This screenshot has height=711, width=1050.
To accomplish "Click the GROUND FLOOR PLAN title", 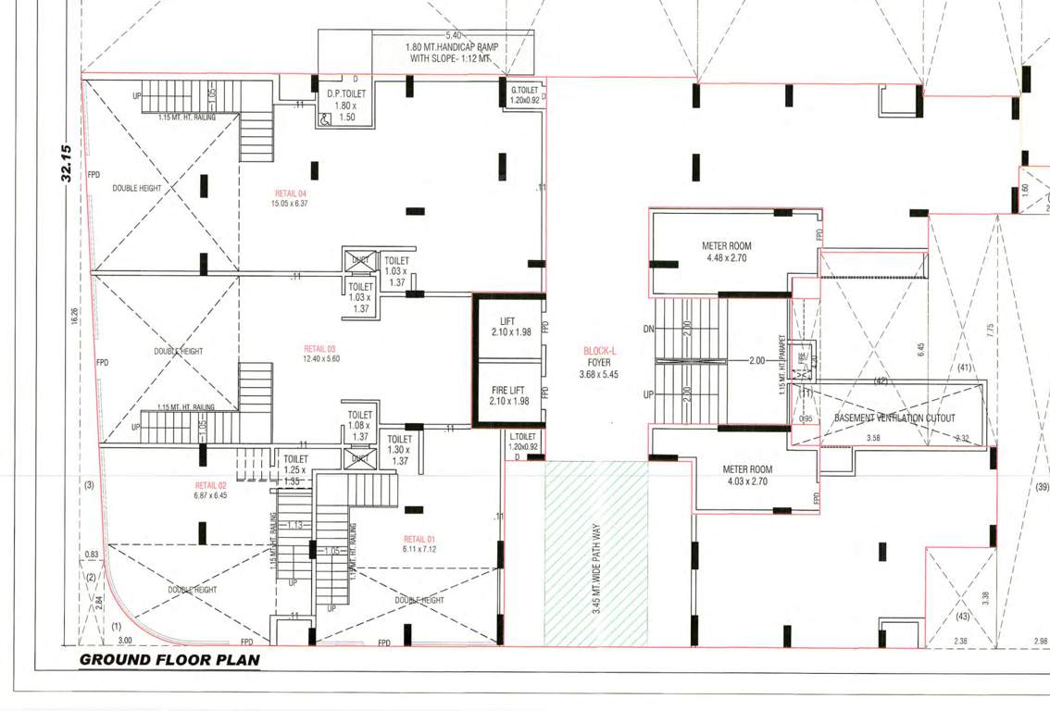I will (169, 660).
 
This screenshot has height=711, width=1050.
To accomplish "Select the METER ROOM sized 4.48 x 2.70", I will (727, 252).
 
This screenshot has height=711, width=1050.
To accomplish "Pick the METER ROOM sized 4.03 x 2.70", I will (747, 476).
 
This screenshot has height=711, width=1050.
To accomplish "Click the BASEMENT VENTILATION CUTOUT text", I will (894, 418).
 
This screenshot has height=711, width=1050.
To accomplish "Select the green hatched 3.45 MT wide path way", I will (595, 553).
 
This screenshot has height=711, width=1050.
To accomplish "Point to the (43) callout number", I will (962, 617).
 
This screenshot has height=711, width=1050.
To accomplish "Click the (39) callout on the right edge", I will (1041, 487).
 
